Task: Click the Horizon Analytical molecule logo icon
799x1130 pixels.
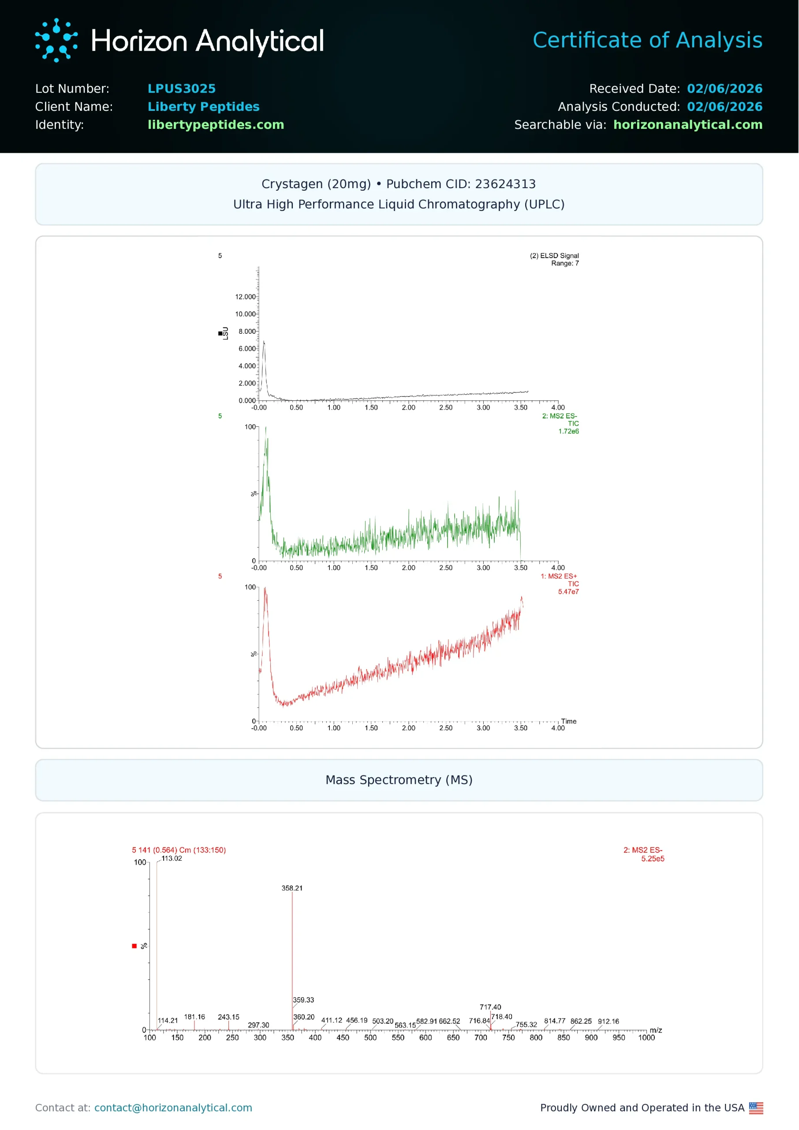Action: (x=56, y=40)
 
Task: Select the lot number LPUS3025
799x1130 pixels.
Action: (x=182, y=89)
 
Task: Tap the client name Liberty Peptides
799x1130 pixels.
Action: (x=203, y=107)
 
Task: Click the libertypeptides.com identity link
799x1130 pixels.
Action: (x=216, y=124)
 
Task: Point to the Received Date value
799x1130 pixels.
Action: (x=724, y=89)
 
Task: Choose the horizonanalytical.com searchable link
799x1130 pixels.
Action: (x=687, y=124)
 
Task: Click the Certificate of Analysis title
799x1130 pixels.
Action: (x=647, y=40)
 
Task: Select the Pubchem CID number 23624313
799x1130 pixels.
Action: (x=505, y=184)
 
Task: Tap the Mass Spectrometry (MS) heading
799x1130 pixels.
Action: (x=399, y=780)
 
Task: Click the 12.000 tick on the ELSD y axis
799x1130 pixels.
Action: (x=245, y=297)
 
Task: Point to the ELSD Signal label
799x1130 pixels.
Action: (x=554, y=256)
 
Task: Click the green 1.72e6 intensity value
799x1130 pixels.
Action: (x=568, y=431)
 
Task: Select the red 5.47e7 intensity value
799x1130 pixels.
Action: (x=568, y=592)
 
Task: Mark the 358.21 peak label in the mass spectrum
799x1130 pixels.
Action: (x=292, y=888)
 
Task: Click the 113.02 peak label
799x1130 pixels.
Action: (x=171, y=859)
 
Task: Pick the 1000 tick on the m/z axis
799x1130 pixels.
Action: (x=646, y=1038)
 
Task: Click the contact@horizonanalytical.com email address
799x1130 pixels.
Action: (x=173, y=1108)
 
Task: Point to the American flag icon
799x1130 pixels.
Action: (x=756, y=1108)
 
